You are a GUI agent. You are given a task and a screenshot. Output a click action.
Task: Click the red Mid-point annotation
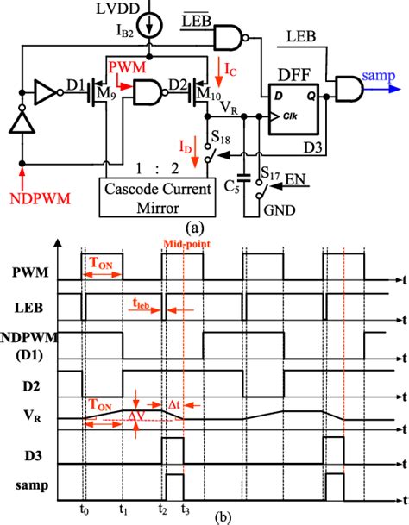[x=183, y=245]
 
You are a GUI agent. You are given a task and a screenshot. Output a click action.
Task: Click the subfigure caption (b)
[x=203, y=519]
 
